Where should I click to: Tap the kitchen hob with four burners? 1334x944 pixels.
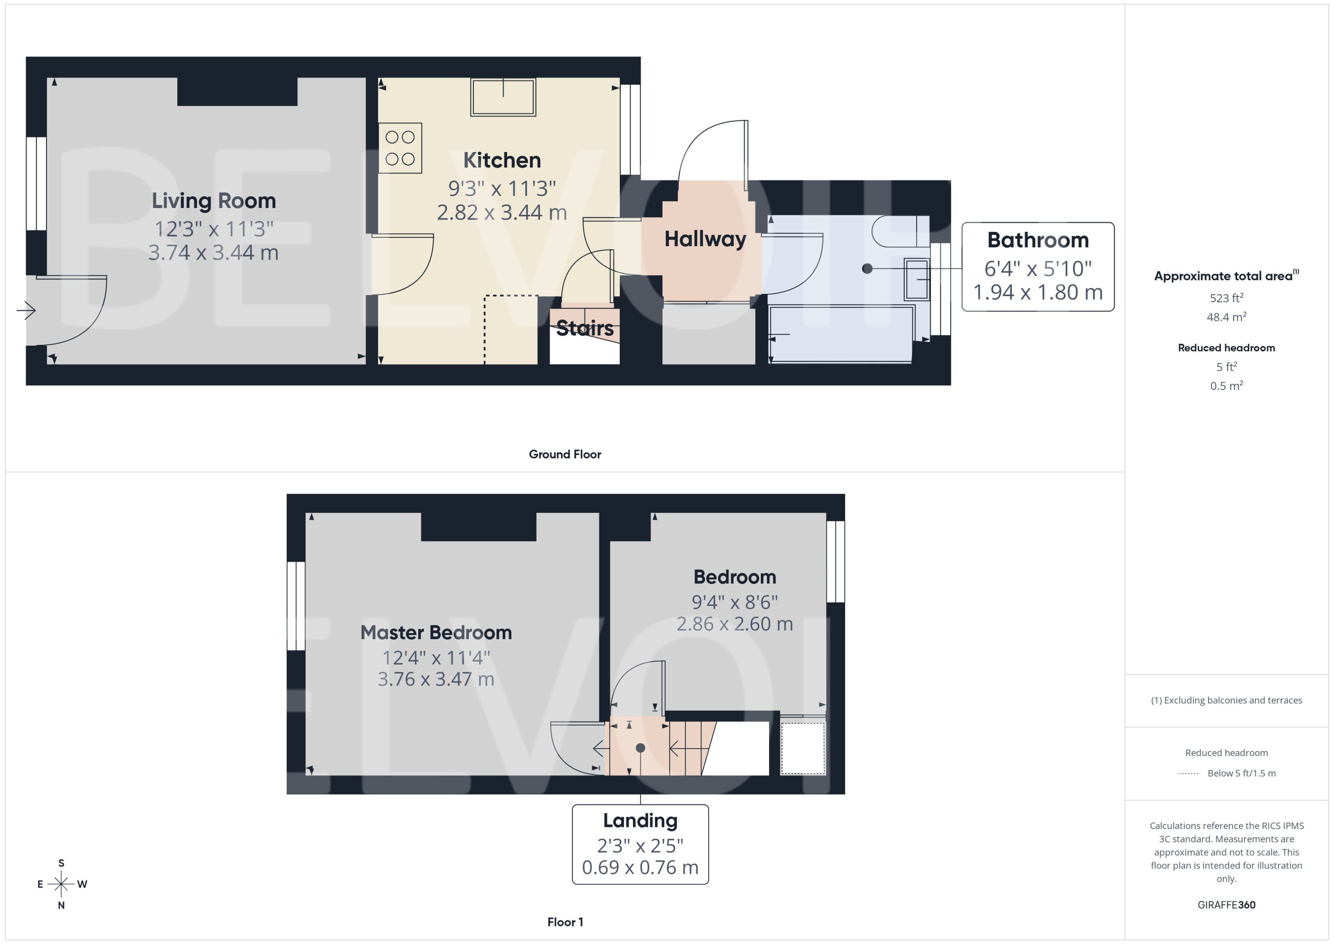(400, 147)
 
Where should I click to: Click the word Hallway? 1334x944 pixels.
(705, 239)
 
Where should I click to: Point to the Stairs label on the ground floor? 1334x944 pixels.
(585, 328)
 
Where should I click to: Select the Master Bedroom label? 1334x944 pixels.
(436, 632)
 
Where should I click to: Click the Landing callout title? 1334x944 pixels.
(640, 820)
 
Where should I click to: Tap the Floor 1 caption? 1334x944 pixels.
(565, 922)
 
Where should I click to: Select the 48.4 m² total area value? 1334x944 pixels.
(1227, 317)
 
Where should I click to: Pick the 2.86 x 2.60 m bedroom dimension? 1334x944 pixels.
(735, 624)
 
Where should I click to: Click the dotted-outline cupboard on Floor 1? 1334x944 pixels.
(803, 748)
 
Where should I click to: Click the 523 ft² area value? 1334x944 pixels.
(1227, 298)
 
